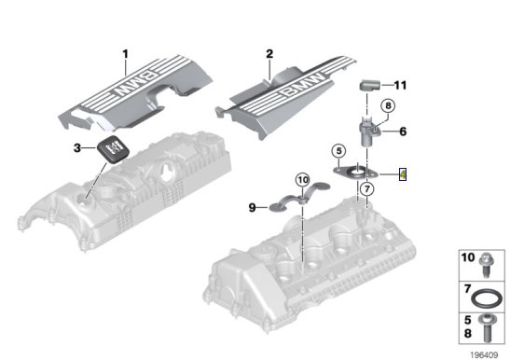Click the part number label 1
126,54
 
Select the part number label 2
269,54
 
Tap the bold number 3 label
77,148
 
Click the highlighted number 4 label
403,174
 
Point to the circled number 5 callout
339,151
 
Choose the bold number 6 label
403,132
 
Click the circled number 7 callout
367,188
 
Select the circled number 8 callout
388,105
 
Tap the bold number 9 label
253,207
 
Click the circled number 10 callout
303,180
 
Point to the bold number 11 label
400,85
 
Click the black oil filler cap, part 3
114,148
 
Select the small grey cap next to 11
369,85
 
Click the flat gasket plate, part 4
355,173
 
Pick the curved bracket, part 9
299,197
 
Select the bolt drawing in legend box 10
487,265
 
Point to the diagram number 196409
484,354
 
